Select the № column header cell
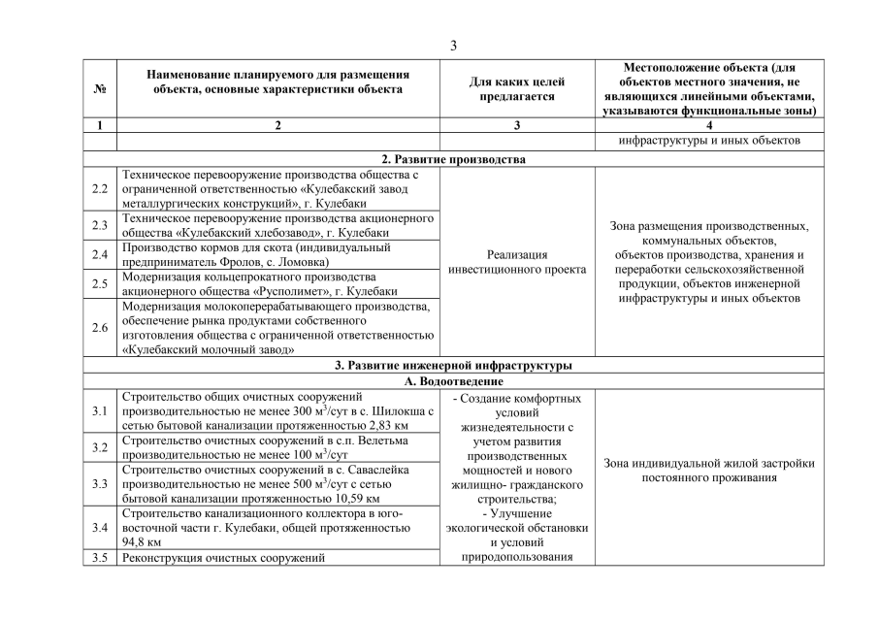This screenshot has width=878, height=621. tap(100, 88)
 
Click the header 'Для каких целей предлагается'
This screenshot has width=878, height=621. tap(517, 89)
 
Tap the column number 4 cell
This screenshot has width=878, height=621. tap(709, 125)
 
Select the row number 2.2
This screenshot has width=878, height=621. tap(100, 188)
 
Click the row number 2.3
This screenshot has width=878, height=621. tap(100, 225)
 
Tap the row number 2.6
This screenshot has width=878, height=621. tap(100, 327)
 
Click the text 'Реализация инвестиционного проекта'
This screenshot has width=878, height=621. tap(517, 261)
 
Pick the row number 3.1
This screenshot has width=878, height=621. tap(100, 411)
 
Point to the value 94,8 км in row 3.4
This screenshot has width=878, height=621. tap(143, 542)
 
